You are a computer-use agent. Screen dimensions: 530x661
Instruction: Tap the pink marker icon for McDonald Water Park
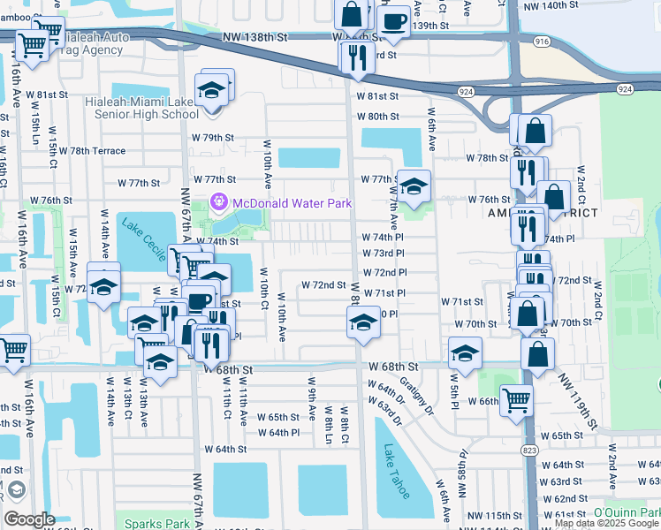[x=219, y=204]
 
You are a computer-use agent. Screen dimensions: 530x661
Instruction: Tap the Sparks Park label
[x=156, y=523]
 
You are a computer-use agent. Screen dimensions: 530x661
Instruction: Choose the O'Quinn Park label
[x=627, y=512]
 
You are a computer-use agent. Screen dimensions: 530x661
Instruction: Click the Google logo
[x=29, y=519]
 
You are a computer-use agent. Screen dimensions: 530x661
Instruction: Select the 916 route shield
[x=542, y=42]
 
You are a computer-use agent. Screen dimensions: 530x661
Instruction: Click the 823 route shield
[x=529, y=450]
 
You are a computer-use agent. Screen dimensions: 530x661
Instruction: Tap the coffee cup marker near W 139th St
[x=393, y=20]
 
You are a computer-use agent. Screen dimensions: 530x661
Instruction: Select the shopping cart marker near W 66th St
[x=515, y=399]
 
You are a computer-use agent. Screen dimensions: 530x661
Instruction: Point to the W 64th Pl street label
[x=285, y=433]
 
